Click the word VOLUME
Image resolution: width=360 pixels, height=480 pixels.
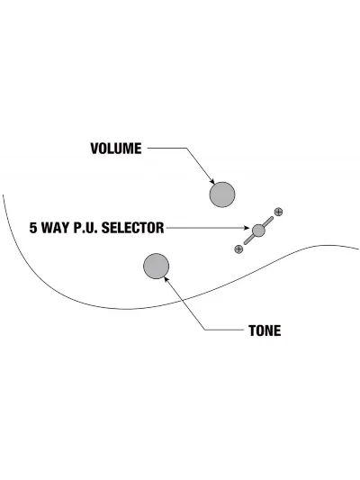point(116,149)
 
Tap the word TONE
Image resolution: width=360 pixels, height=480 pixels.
point(265,331)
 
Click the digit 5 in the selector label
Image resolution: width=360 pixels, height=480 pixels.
point(33,228)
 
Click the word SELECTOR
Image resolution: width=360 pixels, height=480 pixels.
point(132,228)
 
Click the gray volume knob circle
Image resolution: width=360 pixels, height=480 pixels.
point(222,195)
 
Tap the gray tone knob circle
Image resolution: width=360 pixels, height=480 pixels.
point(156,266)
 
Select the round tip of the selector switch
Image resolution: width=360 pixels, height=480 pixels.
point(258,231)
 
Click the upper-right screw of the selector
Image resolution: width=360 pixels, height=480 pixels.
point(278,212)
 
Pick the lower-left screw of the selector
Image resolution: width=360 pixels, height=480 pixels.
point(238,249)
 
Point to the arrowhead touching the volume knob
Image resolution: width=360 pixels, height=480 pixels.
point(212,182)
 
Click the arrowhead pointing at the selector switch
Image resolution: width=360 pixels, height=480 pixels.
point(247,228)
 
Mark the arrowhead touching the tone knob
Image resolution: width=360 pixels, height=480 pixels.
point(166,279)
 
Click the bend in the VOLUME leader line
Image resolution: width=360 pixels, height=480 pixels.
point(187,149)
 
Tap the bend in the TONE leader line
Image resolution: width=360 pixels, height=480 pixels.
point(205,330)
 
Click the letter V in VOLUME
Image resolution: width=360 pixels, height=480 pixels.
point(94,149)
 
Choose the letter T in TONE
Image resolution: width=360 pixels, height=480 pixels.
point(252,331)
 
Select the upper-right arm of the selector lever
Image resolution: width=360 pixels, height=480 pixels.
point(268,222)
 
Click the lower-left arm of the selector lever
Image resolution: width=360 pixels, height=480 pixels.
point(249,240)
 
